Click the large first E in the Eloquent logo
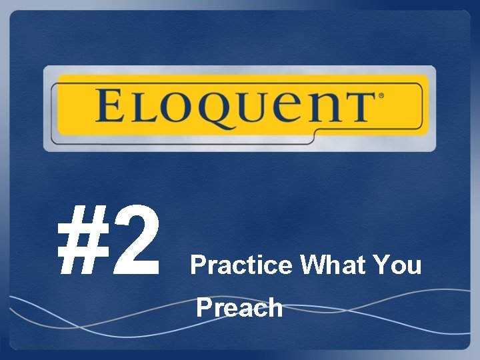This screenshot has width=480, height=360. (x=111, y=106)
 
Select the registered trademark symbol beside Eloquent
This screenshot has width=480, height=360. (x=381, y=97)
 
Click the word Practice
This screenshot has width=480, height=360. (x=241, y=266)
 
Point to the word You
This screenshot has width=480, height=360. (x=397, y=266)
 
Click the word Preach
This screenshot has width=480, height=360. (x=240, y=308)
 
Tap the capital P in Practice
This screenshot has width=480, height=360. (x=197, y=266)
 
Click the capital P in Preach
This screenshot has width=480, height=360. (x=204, y=308)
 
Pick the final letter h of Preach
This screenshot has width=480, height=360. (x=275, y=308)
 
